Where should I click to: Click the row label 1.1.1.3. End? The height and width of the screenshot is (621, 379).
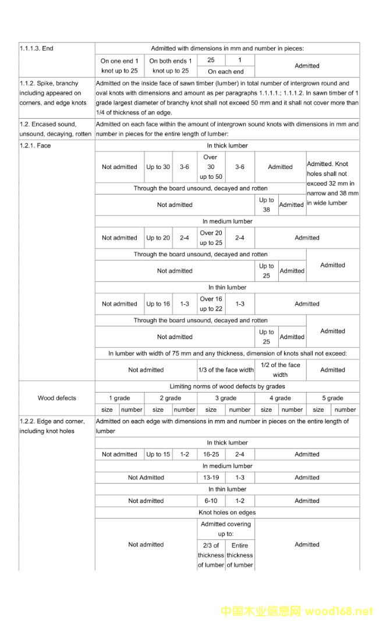(36, 48)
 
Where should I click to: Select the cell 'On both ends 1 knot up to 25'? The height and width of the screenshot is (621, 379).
(171, 66)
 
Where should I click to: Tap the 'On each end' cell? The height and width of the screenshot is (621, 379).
(226, 72)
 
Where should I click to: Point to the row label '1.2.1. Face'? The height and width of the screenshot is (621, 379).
(35, 146)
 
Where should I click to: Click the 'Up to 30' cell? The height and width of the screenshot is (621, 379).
(158, 167)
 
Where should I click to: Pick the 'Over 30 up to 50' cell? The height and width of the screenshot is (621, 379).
(211, 167)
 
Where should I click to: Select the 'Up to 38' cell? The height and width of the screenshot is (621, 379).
(266, 205)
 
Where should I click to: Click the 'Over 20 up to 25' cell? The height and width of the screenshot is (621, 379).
(211, 238)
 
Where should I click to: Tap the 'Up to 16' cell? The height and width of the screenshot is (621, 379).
(158, 304)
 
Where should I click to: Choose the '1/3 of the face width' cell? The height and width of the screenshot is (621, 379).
(226, 370)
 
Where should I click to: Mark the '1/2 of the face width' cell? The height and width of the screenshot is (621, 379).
(280, 370)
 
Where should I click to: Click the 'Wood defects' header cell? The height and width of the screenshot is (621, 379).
(57, 398)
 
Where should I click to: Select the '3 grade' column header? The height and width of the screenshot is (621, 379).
(226, 398)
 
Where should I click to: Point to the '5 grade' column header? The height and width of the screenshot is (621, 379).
(332, 398)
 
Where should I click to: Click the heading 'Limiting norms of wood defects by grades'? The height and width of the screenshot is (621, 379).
(227, 386)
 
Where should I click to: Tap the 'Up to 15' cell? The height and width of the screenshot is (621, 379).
(158, 454)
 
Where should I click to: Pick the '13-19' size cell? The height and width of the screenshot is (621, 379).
(211, 478)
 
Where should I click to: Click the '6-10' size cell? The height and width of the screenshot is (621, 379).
(211, 501)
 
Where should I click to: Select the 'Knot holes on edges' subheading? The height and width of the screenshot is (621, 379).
(227, 513)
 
